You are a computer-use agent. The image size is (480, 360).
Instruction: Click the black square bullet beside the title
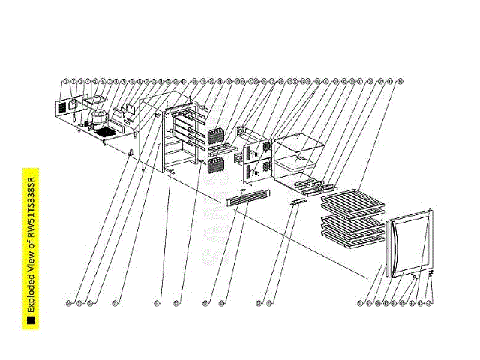[32, 321]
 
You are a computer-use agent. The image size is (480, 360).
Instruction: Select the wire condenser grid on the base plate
[103, 133]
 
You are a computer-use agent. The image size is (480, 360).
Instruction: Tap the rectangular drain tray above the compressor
[95, 98]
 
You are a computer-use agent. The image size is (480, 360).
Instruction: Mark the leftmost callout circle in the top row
[66, 80]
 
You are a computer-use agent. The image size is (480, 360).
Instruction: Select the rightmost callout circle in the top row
[400, 80]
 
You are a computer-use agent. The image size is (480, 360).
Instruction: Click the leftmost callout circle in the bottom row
[69, 303]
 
